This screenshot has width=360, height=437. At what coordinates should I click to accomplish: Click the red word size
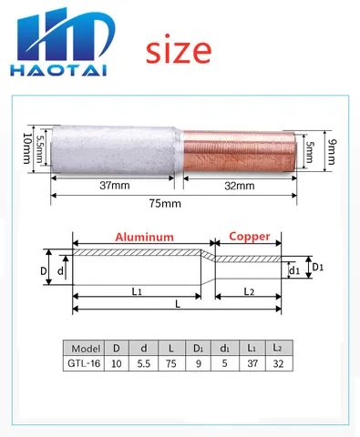point(179,49)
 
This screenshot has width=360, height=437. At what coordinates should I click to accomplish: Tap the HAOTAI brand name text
point(58,70)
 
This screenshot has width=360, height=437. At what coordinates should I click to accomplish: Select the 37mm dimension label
point(115,185)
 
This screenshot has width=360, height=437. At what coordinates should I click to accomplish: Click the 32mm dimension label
point(240,186)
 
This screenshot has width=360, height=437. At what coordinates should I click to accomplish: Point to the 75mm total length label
point(165,203)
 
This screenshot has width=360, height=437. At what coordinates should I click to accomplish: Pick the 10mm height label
point(27,148)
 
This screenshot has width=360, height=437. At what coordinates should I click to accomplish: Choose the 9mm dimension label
point(333,152)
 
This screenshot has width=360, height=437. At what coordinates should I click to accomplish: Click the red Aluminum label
point(144,237)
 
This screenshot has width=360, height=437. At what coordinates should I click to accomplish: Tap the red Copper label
point(250,237)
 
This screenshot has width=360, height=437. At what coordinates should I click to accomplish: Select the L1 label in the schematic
point(137,291)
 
